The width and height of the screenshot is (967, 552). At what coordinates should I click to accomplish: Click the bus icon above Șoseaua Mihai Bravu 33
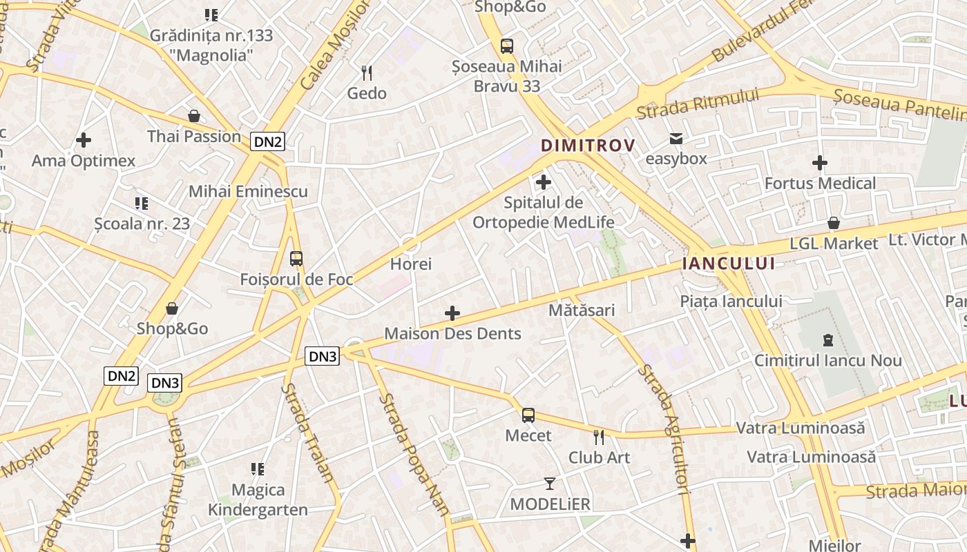507,46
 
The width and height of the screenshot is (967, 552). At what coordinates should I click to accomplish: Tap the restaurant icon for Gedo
367,72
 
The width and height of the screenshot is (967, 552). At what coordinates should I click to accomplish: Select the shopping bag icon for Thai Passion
194,116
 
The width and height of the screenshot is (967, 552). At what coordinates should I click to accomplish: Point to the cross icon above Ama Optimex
84,140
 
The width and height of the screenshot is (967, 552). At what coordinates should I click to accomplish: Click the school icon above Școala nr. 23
142,204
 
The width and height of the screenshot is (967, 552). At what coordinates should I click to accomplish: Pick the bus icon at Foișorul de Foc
296,259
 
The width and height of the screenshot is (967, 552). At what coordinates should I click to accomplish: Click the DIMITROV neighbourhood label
588,146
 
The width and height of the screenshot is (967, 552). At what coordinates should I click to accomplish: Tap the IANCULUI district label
728,264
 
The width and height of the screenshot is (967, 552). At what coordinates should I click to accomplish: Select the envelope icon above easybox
676,139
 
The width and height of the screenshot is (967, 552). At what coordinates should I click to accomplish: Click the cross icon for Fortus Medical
820,163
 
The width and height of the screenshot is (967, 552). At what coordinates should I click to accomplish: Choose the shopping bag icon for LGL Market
834,223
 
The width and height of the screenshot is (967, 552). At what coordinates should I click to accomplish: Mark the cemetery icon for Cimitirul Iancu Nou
827,340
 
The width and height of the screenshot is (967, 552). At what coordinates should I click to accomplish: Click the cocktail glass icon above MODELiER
550,484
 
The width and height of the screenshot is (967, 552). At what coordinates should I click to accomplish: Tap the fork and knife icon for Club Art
599,437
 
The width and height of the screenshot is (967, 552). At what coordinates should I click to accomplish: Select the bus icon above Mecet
528,415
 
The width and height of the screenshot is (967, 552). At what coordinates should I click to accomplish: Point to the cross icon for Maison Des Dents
452,313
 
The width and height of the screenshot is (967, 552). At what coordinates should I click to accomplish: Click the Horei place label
411,264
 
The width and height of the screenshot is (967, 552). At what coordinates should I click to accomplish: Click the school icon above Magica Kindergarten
258,469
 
